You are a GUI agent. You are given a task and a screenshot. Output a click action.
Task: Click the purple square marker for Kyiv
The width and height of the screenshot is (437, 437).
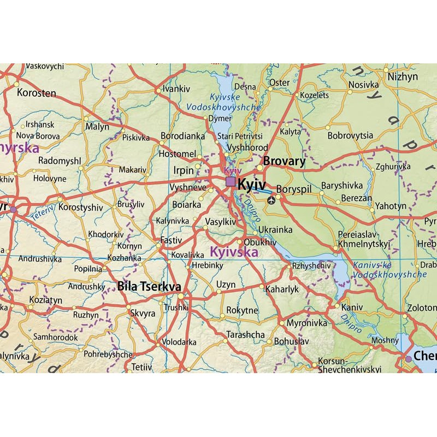coord(231,181)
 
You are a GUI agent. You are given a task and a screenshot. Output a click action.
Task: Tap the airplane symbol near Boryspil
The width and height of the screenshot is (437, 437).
coord(271,200)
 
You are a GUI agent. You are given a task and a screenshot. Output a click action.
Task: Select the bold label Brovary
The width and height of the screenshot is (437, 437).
coord(284,161)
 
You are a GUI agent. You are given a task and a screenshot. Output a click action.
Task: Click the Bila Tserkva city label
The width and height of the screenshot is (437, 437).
coord(149,286)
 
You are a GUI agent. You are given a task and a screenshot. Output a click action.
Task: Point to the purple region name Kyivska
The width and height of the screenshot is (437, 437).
coord(234,252)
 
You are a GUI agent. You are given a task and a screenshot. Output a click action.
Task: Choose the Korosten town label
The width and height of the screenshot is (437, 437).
coord(37,93)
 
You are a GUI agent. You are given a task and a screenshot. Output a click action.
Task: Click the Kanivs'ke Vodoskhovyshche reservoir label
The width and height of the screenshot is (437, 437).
coord(389,270)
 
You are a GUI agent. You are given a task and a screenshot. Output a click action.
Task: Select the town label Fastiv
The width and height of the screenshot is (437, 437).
coord(171,240)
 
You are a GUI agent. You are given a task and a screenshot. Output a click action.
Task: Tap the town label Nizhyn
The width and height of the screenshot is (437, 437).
coord(403,76)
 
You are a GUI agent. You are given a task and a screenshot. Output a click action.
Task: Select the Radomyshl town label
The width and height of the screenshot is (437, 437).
coord(60,161)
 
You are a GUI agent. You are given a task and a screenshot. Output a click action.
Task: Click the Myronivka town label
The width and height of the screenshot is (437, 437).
coord(306,323)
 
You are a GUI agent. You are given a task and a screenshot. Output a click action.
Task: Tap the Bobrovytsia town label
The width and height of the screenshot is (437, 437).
coord(350,135)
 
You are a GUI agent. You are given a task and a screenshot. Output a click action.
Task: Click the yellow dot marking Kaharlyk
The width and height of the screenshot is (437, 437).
coord(262,286)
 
